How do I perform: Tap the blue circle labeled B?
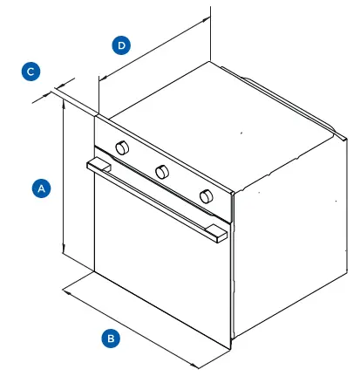110,338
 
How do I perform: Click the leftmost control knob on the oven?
122,147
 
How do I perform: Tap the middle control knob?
162,171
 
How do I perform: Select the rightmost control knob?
206,195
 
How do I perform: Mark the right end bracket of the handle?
216,234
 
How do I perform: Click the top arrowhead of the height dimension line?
64,99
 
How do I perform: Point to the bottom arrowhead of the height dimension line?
63,252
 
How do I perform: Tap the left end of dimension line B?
65,288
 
